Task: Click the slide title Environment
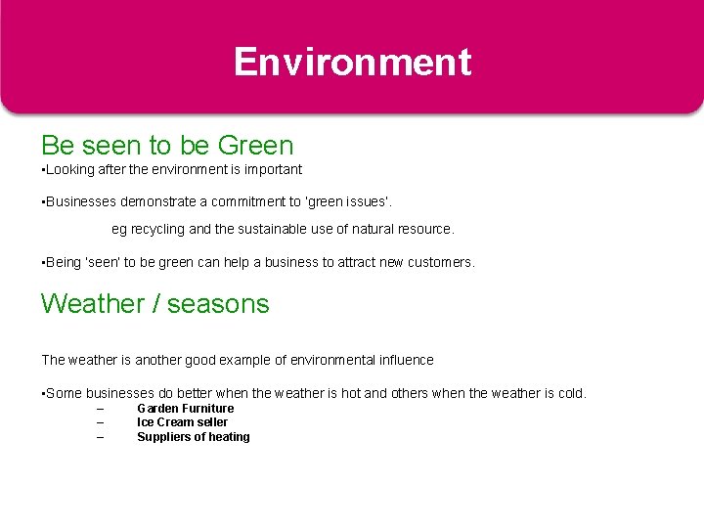(352, 62)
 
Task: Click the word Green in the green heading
(255, 146)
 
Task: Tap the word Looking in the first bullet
(67, 169)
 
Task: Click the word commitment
(247, 201)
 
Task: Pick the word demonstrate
(160, 201)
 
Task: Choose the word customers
(442, 262)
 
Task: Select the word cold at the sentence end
(570, 393)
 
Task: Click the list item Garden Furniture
(185, 409)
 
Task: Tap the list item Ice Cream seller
(182, 422)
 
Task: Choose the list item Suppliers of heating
(193, 437)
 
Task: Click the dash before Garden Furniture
(100, 409)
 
